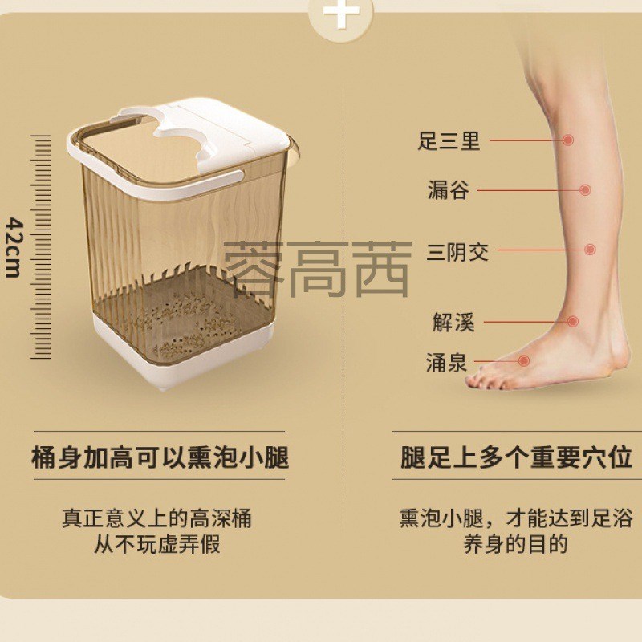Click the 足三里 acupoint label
tap(449, 141)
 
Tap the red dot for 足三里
tap(568, 140)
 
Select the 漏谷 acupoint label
tap(448, 191)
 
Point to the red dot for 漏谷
tap(586, 190)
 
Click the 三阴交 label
tap(457, 251)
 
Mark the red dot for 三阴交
tap(591, 250)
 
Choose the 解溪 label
tap(453, 323)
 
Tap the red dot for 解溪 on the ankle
tap(573, 321)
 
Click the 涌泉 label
tap(446, 362)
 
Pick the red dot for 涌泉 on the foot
tap(524, 361)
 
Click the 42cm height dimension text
tap(13, 246)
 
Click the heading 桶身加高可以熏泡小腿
tap(159, 458)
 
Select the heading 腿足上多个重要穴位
tap(516, 458)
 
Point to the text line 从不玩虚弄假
tap(157, 545)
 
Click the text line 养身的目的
tap(515, 545)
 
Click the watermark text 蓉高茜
tap(318, 270)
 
